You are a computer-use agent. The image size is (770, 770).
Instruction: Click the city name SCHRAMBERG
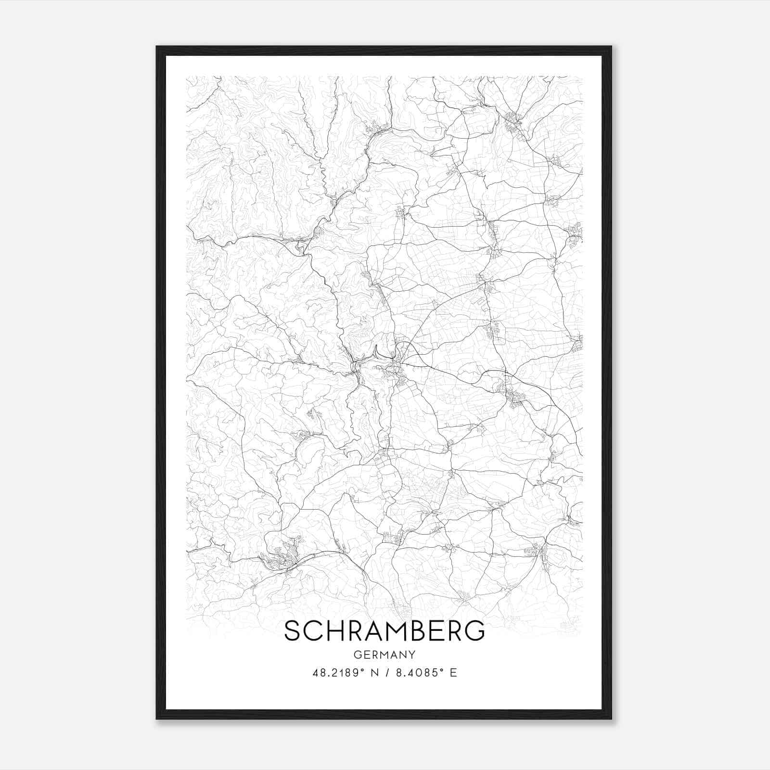tap(385, 630)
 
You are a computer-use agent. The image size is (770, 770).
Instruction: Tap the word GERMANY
tap(385, 654)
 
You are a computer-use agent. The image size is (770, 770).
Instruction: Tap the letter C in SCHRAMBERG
tap(315, 630)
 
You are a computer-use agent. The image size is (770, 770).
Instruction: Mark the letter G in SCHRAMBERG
tap(474, 630)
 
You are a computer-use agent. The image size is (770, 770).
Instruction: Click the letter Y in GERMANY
tap(412, 654)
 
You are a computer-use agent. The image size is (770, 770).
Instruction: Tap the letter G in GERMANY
tap(357, 654)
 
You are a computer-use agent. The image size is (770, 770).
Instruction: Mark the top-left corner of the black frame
tap(157, 47)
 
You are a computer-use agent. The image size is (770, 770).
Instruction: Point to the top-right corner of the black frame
tap(611, 47)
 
